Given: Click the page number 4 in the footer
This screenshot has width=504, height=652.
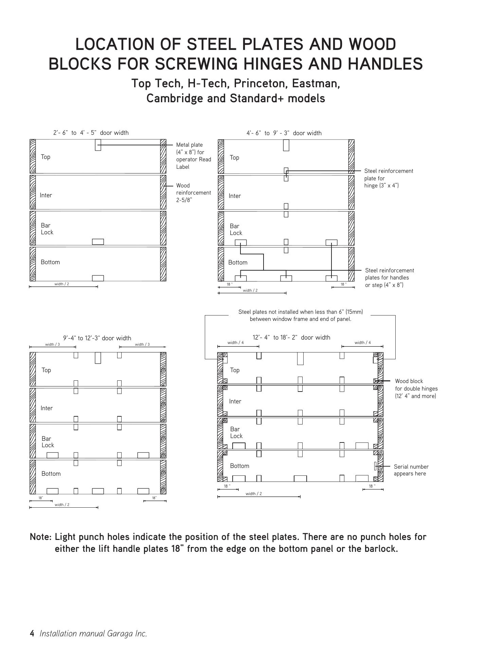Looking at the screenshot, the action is click(x=32, y=633).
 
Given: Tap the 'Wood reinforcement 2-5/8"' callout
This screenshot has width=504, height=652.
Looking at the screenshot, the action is click(x=193, y=193).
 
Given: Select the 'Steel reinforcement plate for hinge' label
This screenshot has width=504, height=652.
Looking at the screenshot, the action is click(x=389, y=178).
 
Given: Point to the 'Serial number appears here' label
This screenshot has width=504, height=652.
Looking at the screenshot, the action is click(x=411, y=470).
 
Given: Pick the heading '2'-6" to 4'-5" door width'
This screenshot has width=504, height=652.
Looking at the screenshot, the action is click(x=91, y=133).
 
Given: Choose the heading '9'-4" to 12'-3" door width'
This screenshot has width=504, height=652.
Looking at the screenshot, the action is click(x=97, y=338).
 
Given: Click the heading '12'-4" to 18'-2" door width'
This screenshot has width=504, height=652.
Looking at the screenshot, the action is click(x=291, y=337).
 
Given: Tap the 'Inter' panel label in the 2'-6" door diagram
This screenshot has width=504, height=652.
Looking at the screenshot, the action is click(x=46, y=195).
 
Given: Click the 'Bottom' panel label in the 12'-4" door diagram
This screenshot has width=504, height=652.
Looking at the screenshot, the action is click(x=239, y=466).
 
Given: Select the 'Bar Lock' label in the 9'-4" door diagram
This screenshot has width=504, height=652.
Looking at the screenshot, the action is click(x=48, y=442).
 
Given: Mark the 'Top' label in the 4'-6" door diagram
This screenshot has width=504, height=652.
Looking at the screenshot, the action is click(x=234, y=158).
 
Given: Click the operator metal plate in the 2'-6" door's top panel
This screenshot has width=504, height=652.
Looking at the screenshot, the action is click(x=98, y=145).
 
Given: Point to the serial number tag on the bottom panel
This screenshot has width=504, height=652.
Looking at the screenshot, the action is click(x=375, y=466).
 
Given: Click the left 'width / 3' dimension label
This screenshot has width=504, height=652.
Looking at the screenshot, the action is click(x=52, y=344).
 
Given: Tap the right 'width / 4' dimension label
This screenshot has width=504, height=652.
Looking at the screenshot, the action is click(x=362, y=342).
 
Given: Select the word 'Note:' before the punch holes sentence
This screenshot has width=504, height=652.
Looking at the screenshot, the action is click(x=41, y=537).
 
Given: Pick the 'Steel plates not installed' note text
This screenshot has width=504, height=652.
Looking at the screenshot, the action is click(x=300, y=315).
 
